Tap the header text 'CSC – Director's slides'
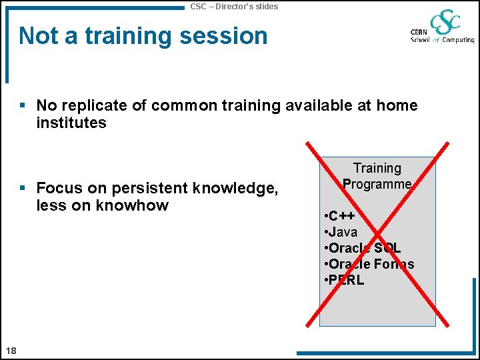234,6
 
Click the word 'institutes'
71,123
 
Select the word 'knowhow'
132,205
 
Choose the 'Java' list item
341,232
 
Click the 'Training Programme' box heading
377,176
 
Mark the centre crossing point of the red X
377,234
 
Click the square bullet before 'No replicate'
23,105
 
